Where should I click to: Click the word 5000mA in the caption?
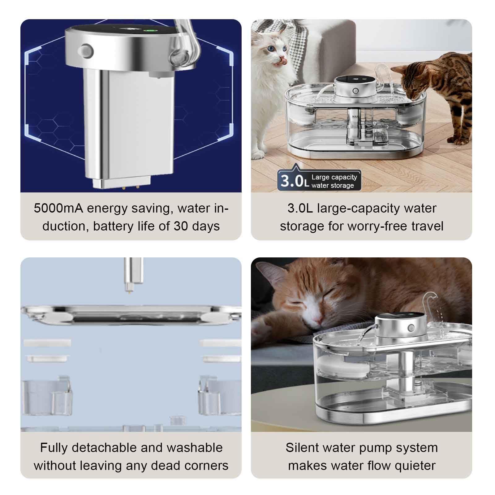click(58, 208)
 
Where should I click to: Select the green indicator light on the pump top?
click(151, 31)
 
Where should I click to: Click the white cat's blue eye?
click(272, 49)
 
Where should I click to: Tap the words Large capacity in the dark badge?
click(334, 177)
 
